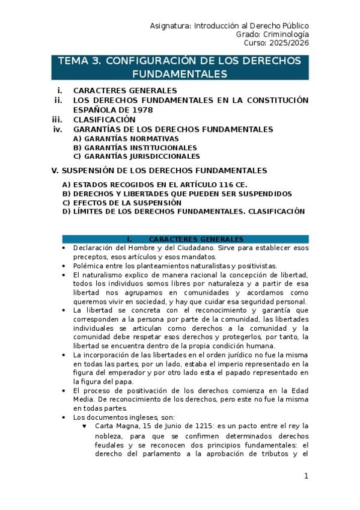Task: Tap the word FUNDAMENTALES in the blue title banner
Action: (x=180, y=74)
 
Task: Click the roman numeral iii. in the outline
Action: (x=57, y=119)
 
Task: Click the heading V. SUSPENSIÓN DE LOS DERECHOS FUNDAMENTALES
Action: (x=160, y=170)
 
